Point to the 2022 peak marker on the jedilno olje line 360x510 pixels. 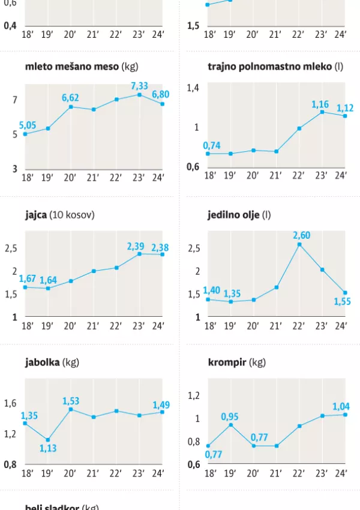click(299, 244)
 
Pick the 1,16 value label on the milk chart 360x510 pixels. click(320, 104)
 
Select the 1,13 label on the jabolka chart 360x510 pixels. click(48, 448)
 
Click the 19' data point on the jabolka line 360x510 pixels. click(48, 440)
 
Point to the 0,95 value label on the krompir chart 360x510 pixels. click(230, 416)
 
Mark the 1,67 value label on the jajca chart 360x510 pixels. click(28, 278)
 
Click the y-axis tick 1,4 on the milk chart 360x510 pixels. click(192, 88)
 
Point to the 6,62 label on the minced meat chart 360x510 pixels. click(70, 97)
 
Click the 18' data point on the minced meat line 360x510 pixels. click(25, 134)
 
